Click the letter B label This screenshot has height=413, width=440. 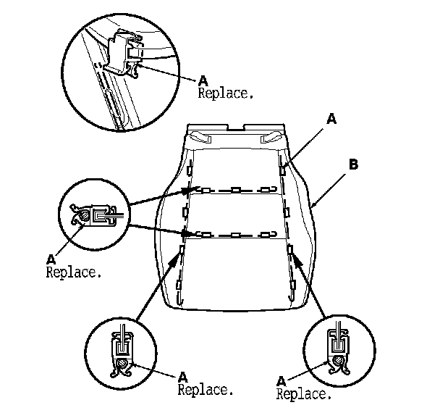pos(353,164)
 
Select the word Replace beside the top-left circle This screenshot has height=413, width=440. pos(226,94)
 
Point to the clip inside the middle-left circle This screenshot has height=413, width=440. pos(92,214)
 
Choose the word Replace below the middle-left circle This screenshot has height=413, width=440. pos(73,273)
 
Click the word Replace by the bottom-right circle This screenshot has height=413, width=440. pos(304,395)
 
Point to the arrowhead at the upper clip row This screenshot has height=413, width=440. pos(187,192)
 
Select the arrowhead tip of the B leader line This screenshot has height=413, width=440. pos(313,206)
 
